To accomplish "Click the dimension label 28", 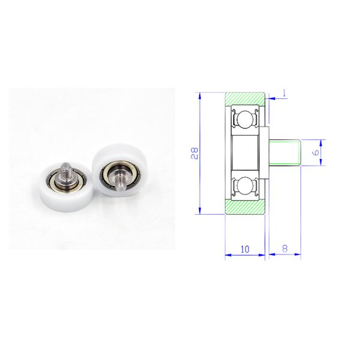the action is tap(194, 153).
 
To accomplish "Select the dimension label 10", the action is tap(245, 249).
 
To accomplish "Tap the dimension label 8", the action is tap(285, 248).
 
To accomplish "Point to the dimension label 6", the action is tap(316, 152).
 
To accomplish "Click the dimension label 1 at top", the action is tap(284, 93).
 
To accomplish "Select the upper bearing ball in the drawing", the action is tap(245, 118).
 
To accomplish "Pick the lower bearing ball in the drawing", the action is tap(245, 184).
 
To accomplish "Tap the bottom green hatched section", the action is tap(245, 207).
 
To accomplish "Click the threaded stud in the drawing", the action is tap(284, 152).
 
